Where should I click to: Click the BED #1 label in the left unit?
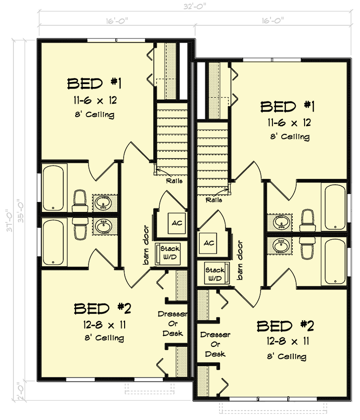coord(94,83)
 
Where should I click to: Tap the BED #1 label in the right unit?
coord(285,106)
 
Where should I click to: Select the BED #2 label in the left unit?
coord(102,309)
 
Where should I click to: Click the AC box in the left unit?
coord(177,223)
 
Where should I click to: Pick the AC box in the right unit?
coord(209,243)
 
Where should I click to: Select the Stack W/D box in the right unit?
coord(215,274)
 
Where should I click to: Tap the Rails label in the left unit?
coord(174,181)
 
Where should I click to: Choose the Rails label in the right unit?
coord(214,200)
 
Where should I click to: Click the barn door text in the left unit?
coord(146,245)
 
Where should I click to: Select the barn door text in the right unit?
coord(241,260)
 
